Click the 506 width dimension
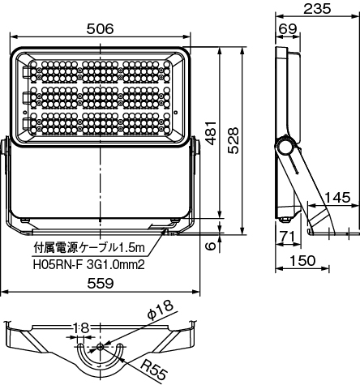(x=101, y=28)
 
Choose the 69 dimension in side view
(x=287, y=28)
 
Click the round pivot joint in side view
(x=285, y=149)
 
